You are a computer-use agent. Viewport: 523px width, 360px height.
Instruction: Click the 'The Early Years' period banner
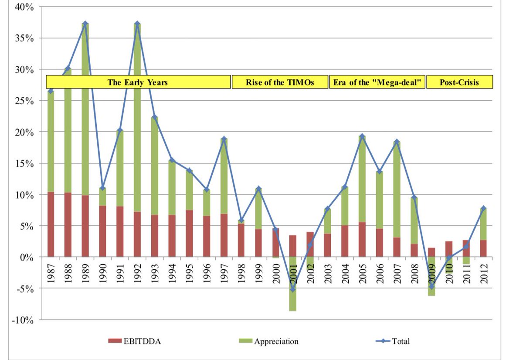(x=138, y=82)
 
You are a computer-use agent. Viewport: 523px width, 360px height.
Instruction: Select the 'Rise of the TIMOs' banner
(x=279, y=82)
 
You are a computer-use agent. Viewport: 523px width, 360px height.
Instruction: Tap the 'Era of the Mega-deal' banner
(x=377, y=82)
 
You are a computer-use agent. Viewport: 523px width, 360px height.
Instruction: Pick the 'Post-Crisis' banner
(x=459, y=82)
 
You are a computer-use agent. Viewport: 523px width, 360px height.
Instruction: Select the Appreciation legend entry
(x=270, y=341)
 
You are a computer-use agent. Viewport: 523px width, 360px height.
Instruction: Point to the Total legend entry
(x=392, y=341)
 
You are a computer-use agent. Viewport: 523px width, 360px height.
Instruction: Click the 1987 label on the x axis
(x=51, y=273)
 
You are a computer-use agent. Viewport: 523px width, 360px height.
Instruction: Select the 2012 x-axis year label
(x=484, y=273)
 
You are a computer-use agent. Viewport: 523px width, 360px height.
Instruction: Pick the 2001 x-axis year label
(x=293, y=273)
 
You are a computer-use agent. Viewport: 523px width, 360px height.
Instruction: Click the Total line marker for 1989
(x=85, y=23)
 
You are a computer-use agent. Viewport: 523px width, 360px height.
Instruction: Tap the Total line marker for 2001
(x=293, y=289)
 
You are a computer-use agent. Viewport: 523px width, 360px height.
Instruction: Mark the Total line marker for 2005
(x=362, y=136)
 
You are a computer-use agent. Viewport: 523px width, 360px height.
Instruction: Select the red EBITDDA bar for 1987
(x=51, y=224)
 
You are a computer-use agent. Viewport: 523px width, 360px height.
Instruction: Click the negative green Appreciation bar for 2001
(x=293, y=288)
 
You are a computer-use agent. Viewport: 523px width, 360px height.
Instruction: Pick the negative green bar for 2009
(x=431, y=279)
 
